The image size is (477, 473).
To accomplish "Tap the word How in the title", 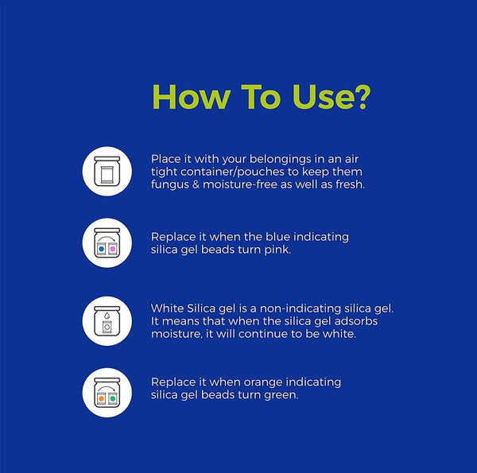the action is [191, 97].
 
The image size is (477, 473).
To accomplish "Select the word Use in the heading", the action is [321, 97].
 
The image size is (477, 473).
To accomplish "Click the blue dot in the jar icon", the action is [101, 249].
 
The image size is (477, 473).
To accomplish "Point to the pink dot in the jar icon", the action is [113, 249].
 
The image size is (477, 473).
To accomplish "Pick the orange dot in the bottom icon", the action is [101, 398].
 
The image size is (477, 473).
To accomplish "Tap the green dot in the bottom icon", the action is [113, 398].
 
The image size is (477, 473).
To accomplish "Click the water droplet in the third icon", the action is [107, 316].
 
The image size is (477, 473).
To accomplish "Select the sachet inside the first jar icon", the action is [107, 175].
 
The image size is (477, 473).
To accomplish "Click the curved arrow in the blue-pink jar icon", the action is [107, 238].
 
